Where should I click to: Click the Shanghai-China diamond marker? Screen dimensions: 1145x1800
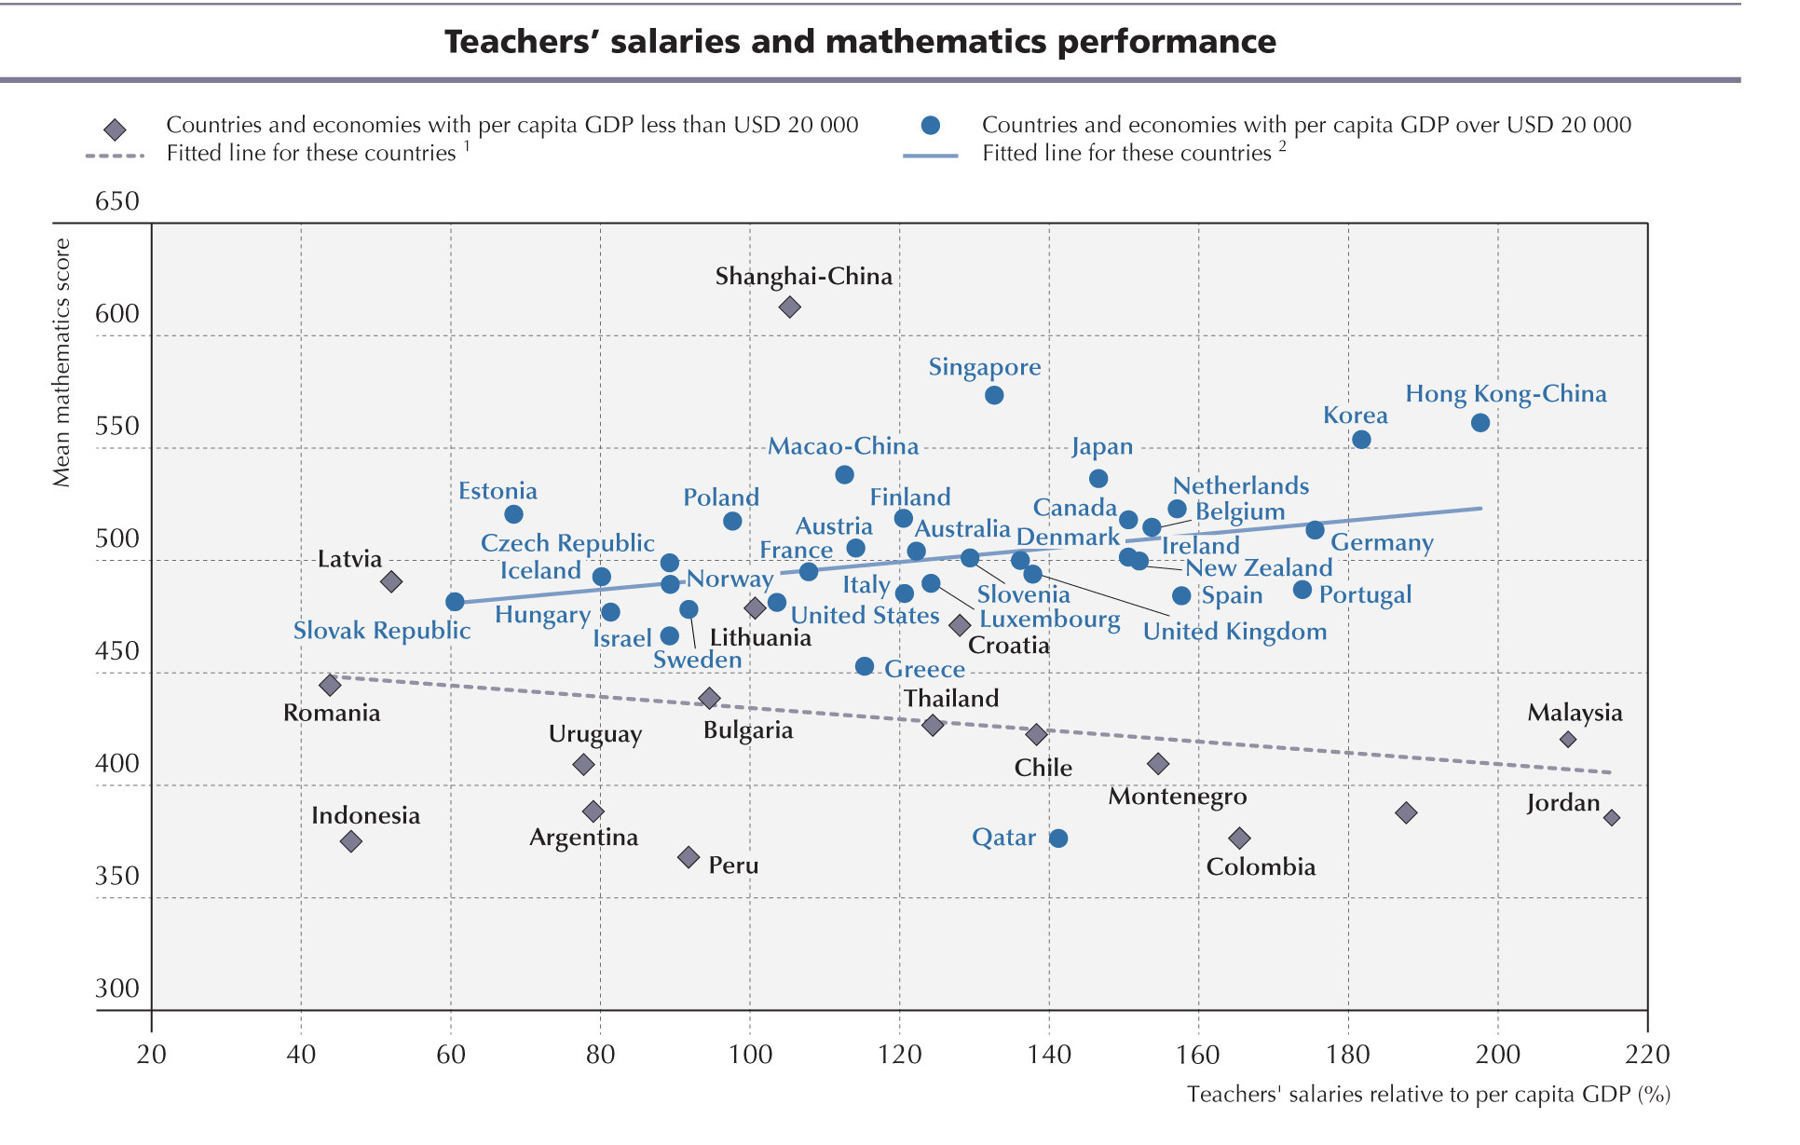[x=789, y=307]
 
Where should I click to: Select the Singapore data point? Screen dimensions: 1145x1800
[x=994, y=395]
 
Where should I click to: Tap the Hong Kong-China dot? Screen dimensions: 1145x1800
[x=1480, y=423]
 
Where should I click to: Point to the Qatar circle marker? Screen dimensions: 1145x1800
[x=1058, y=838]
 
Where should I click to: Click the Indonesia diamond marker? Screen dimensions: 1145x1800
[x=351, y=841]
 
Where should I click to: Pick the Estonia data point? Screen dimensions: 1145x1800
[x=513, y=514]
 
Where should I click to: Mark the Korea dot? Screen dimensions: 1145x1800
[x=1361, y=440]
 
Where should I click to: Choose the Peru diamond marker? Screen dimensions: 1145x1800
[x=689, y=857]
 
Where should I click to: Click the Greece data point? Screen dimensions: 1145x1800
[x=865, y=666]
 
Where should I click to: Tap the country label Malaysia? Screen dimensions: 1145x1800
[x=1575, y=713]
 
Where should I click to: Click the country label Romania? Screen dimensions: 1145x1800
[x=332, y=713]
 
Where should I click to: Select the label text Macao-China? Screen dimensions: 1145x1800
[x=843, y=446]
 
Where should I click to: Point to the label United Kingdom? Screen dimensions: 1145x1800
[x=1234, y=632]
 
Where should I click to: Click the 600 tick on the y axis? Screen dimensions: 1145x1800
[x=117, y=314]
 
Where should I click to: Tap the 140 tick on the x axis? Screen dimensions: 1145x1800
[x=1049, y=1055]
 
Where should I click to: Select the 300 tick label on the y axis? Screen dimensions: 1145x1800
[x=117, y=988]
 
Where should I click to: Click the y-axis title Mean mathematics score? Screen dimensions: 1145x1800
[x=61, y=362]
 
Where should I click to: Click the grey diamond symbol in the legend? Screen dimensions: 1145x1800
[x=115, y=129]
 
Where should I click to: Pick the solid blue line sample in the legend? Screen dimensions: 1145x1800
[x=930, y=156]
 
